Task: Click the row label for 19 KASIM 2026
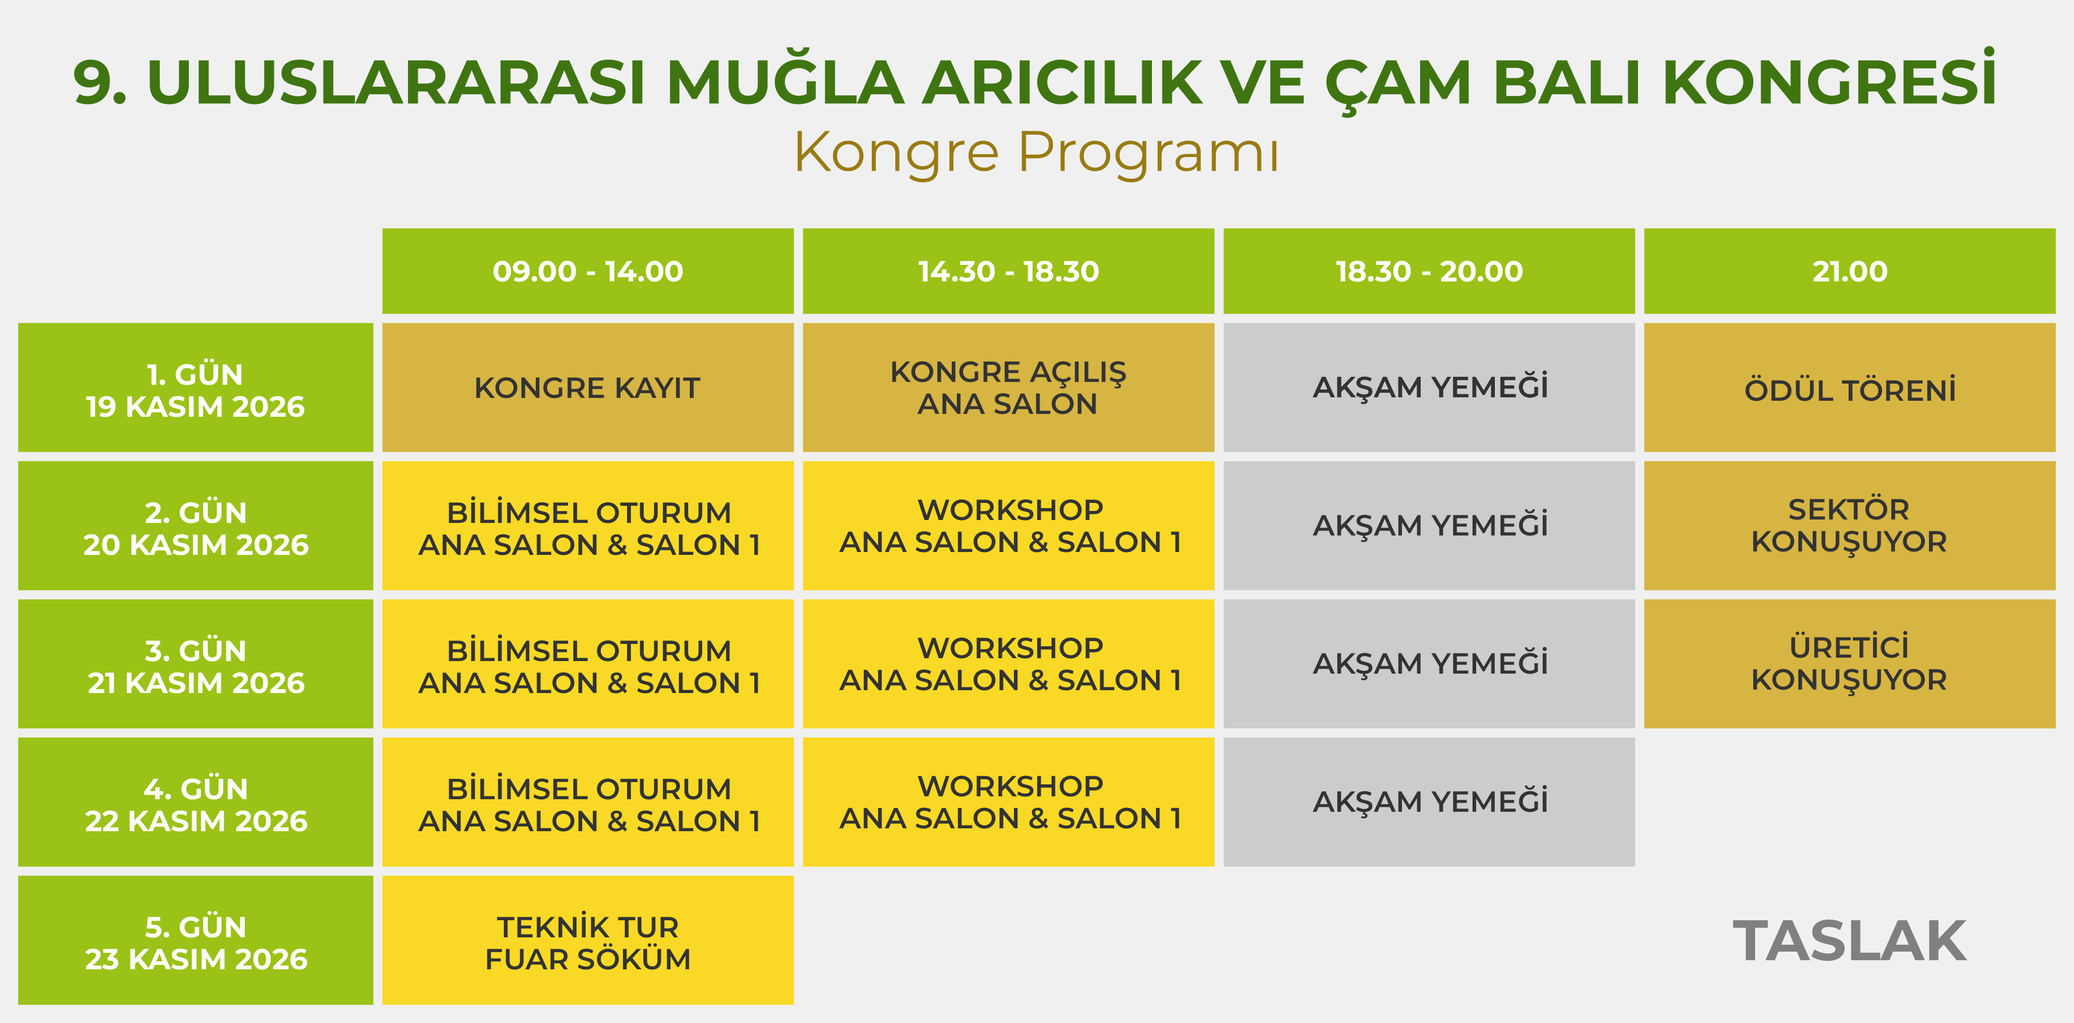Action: click(x=196, y=388)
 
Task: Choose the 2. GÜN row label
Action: click(x=196, y=525)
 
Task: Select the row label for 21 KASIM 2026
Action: click(x=196, y=664)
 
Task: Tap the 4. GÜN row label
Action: click(x=196, y=802)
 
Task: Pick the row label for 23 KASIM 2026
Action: click(x=196, y=940)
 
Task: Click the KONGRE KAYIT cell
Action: click(x=588, y=388)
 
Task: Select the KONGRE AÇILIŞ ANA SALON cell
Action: click(x=1008, y=388)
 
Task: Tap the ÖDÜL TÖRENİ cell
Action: click(x=1849, y=388)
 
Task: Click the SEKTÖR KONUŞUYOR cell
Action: click(x=1849, y=525)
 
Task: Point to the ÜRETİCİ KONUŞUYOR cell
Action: click(x=1849, y=664)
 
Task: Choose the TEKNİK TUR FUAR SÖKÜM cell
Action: click(x=588, y=940)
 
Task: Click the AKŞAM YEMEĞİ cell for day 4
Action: click(x=1429, y=802)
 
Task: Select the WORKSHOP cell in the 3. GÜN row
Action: click(x=1008, y=664)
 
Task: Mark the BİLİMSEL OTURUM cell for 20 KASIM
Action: click(x=588, y=525)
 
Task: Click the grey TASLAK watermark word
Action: click(x=1849, y=941)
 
